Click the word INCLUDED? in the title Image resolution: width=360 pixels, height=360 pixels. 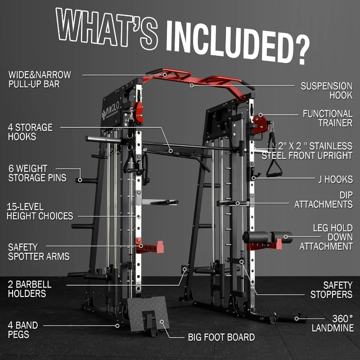tap(238, 38)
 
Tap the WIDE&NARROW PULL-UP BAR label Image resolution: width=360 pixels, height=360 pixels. tap(39, 79)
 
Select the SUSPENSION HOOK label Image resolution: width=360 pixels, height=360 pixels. tap(326, 90)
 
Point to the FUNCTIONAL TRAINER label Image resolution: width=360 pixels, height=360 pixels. tap(327, 118)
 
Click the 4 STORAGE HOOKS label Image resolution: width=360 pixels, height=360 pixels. tap(30, 132)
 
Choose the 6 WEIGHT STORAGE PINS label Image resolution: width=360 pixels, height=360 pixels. tap(37, 173)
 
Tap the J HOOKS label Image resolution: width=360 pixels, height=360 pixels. tap(333, 179)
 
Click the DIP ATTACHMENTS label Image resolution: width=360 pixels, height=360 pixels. tap(323, 199)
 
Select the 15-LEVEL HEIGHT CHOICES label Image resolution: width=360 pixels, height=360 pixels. tap(40, 211)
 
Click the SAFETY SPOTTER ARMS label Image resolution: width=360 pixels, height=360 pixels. tap(39, 252)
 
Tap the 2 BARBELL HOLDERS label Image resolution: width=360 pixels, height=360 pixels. tap(30, 289)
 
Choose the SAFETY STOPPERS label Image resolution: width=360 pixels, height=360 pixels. tap(331, 290)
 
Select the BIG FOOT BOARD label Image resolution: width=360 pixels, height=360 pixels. tap(221, 337)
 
